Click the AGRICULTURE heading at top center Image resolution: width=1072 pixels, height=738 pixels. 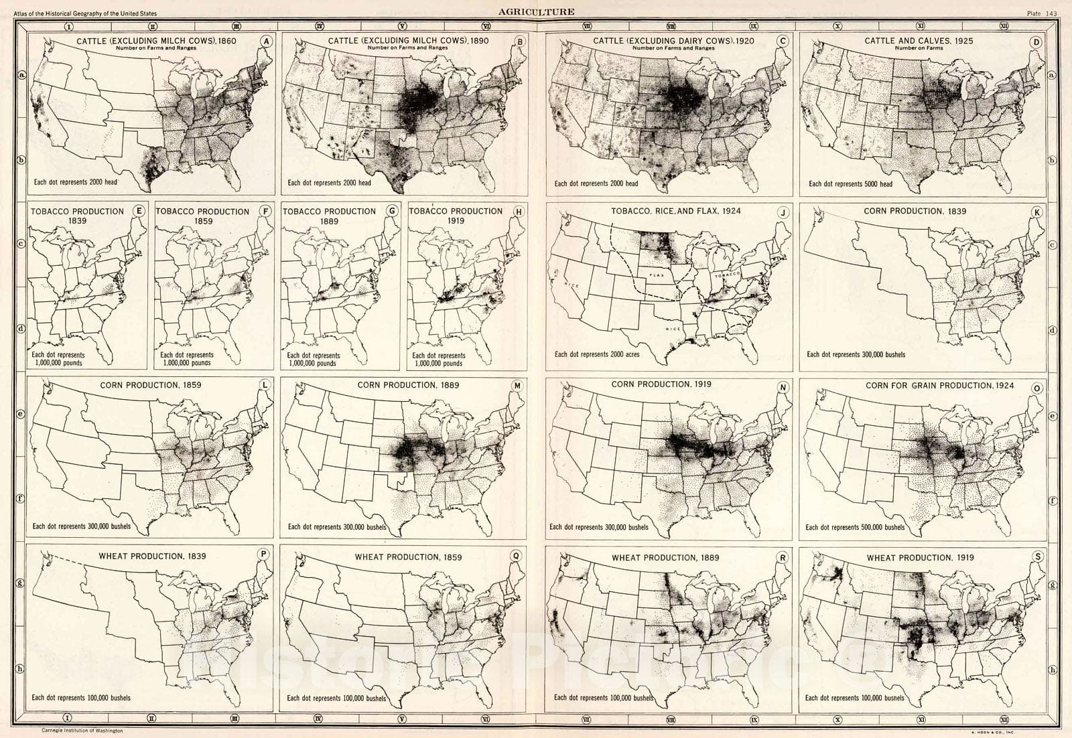535,11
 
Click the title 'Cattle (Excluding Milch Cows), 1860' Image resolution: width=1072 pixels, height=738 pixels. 156,41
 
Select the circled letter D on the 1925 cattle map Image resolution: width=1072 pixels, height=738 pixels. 1036,42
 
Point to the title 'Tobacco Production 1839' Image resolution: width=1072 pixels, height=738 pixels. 78,216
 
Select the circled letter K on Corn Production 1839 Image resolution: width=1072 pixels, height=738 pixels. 1036,213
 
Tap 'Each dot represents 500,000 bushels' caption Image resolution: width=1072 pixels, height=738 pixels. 854,527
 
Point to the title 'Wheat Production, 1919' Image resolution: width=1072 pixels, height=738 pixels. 920,557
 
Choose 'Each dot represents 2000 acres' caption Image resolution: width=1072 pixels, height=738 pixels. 596,354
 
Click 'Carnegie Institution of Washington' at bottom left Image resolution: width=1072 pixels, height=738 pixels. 82,731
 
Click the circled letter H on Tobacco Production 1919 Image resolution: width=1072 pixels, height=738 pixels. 517,212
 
